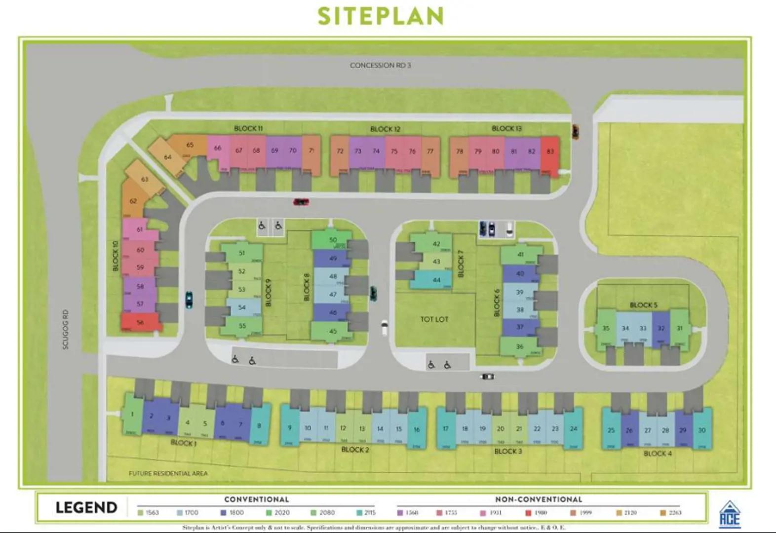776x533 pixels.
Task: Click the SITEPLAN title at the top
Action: (381, 16)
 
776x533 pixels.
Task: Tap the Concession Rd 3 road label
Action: (380, 65)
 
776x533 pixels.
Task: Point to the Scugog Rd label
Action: (66, 329)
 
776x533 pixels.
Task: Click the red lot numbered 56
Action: (140, 322)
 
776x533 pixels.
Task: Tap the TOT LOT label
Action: (434, 319)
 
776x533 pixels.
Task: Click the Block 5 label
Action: (643, 305)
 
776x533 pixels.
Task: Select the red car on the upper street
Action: (301, 201)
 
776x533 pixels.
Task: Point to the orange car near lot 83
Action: (576, 131)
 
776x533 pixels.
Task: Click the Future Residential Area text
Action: (168, 473)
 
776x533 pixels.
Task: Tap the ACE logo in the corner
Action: (730, 514)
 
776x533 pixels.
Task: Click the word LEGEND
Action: (86, 507)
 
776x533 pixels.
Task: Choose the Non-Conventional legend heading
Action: (539, 499)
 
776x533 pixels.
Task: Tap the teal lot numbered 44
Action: (436, 280)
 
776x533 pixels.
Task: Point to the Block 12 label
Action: (385, 129)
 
